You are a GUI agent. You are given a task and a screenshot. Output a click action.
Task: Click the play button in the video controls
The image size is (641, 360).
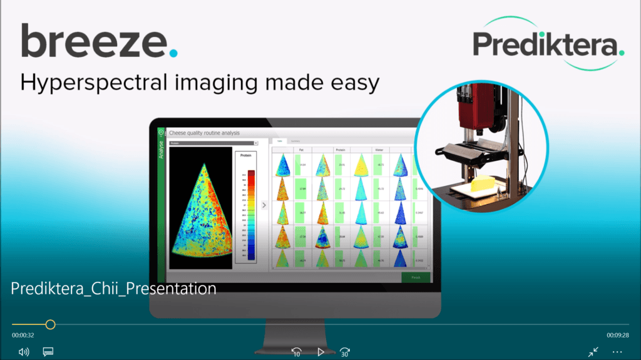coord(320,352)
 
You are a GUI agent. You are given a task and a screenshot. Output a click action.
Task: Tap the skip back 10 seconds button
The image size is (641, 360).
coord(297,352)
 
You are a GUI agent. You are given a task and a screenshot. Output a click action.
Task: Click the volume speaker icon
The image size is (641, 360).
coord(24,352)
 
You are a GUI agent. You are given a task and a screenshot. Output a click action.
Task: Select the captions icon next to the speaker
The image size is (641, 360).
coord(48,352)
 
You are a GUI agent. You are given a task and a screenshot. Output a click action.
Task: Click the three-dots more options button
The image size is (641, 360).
coord(617,352)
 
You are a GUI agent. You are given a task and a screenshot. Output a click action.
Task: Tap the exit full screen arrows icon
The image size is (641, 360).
coord(593,352)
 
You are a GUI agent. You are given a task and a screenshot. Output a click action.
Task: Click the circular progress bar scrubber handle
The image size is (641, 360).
coord(51,324)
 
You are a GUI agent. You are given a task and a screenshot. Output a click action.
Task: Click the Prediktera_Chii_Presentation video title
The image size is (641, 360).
coord(113,289)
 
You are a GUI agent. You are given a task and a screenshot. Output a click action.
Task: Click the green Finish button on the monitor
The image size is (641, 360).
coord(416,277)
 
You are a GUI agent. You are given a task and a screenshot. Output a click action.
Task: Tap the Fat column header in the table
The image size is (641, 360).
coord(302,150)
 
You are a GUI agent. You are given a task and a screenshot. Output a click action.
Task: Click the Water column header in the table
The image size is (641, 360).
coord(379,150)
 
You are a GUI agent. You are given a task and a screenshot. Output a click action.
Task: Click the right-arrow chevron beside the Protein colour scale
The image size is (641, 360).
coord(264,205)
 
